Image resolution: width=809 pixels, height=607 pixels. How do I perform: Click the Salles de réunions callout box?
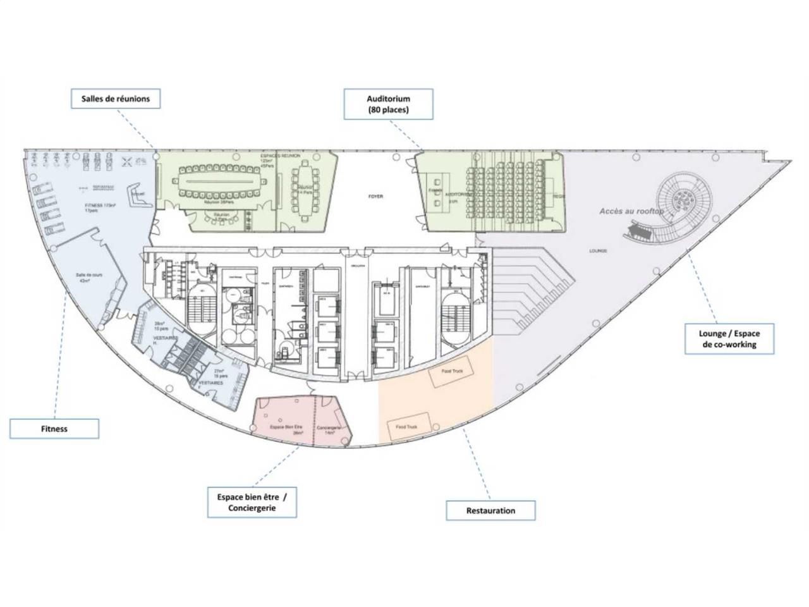coord(115,99)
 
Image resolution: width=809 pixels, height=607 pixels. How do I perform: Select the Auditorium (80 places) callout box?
coord(389,104)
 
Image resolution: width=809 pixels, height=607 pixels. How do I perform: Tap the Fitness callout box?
coord(54,429)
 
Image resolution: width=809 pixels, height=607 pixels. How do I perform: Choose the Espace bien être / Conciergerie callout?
coord(252,503)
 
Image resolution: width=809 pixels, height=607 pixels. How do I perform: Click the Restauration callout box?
coord(490,510)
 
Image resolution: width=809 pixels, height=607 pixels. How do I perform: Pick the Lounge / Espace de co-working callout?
coord(729,339)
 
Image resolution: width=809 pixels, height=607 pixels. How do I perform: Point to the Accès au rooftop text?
coord(631,211)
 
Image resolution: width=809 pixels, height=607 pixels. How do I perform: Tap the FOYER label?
coord(376,197)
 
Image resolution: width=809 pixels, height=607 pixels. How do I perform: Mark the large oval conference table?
coord(221,182)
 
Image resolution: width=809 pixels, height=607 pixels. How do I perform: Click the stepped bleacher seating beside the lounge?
coord(531,285)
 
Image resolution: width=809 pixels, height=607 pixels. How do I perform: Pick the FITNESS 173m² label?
coord(102,206)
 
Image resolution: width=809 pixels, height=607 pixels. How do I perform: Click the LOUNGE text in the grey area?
coord(597,251)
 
